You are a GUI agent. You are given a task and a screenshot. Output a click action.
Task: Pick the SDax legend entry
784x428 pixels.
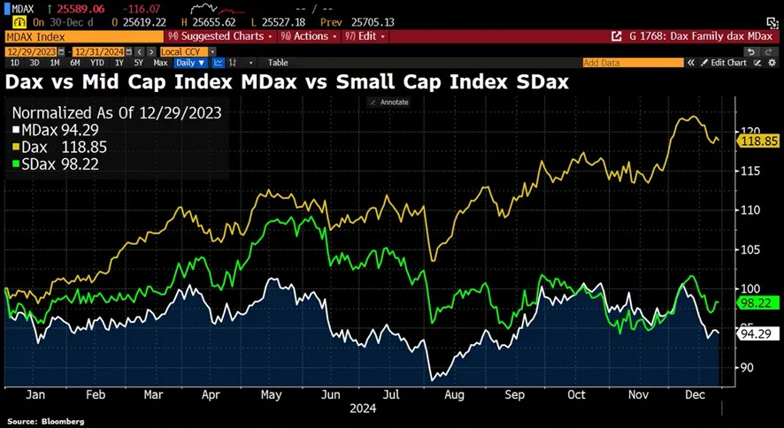click(x=52, y=162)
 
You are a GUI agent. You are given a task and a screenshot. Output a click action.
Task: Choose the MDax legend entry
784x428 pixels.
click(x=52, y=130)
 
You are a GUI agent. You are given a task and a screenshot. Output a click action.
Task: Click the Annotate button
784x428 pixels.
click(x=389, y=103)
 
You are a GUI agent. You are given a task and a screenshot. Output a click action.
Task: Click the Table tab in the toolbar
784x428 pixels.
click(x=278, y=63)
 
